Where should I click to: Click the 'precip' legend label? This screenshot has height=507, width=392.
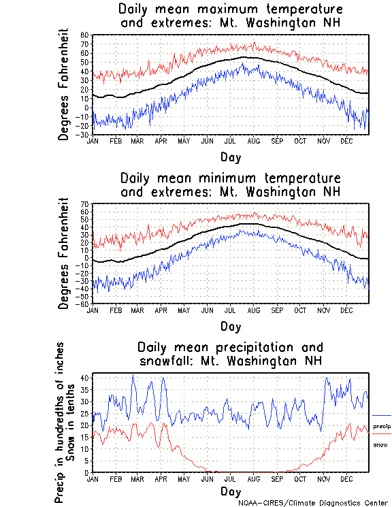[382, 425]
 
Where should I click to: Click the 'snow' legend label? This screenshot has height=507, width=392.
[380, 444]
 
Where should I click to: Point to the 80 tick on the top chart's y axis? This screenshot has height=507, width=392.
[85, 35]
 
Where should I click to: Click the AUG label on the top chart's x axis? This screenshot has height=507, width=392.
[253, 140]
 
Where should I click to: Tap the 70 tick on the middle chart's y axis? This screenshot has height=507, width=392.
[85, 204]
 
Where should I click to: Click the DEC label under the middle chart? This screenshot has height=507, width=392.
[346, 310]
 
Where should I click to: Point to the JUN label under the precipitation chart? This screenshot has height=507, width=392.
[207, 478]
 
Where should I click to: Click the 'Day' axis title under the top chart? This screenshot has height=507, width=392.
[230, 157]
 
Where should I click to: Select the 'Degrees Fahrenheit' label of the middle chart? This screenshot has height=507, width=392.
[64, 254]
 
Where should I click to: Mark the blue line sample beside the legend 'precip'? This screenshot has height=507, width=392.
[382, 415]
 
